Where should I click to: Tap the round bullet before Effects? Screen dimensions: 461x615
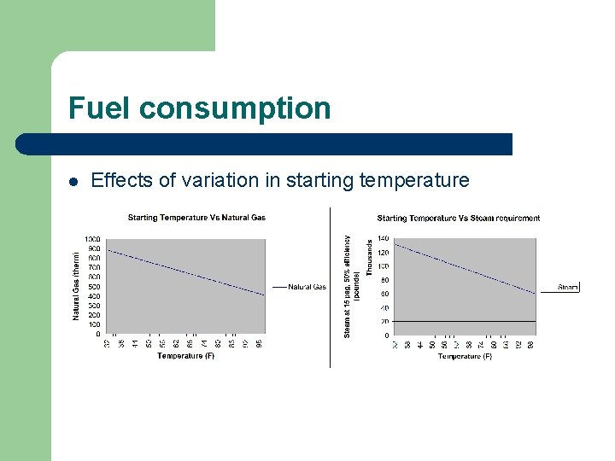[74, 181]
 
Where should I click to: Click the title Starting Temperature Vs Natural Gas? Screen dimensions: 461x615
[196, 218]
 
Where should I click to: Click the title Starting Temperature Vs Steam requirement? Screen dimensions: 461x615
[458, 219]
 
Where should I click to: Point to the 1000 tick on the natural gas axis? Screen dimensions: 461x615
[91, 239]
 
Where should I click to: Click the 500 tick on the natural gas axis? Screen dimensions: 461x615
[93, 287]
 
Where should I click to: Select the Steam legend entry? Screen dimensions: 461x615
[568, 288]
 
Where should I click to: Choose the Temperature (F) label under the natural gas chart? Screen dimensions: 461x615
[185, 356]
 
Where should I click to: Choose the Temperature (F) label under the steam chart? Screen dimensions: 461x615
[465, 357]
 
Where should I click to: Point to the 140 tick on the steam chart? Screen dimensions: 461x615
[384, 239]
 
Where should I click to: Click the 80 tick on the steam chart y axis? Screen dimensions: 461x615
[385, 280]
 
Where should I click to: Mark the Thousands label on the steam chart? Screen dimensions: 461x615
[369, 256]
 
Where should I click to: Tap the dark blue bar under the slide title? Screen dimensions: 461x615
[265, 144]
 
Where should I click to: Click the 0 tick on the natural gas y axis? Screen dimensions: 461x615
[97, 334]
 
